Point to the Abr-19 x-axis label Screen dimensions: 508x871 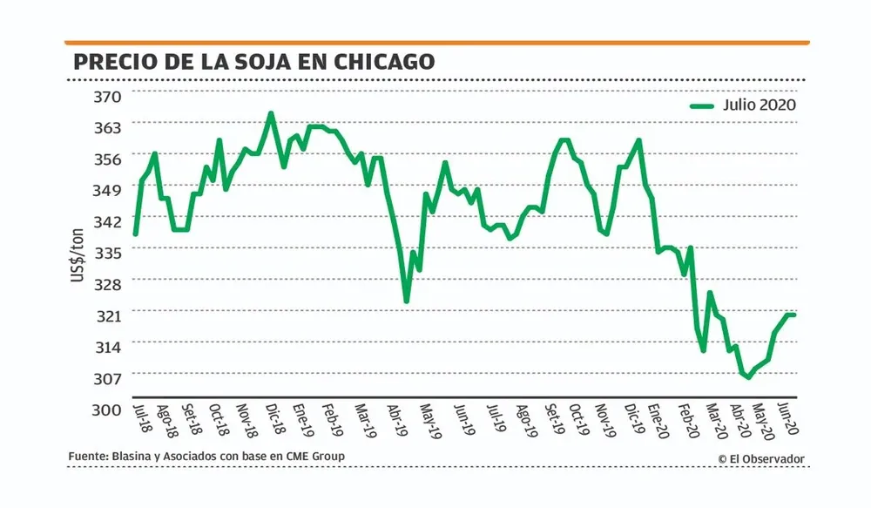pos(398,420)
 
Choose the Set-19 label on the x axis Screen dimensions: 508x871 pos(552,420)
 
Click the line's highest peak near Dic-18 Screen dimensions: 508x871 pos(271,113)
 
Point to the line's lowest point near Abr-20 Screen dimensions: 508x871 pos(747,376)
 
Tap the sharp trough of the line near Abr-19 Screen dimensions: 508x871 pos(407,301)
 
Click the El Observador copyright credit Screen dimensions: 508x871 pos(761,459)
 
